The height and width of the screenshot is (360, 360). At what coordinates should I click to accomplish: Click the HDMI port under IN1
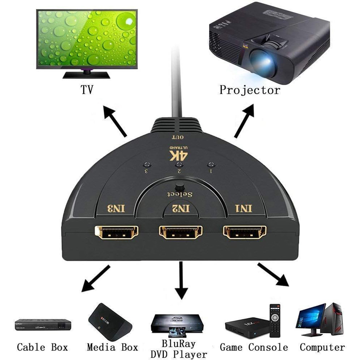[x=244, y=232]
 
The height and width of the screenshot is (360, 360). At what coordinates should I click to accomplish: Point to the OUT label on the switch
[x=177, y=138]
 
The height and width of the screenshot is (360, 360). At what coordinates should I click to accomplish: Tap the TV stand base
[x=86, y=74]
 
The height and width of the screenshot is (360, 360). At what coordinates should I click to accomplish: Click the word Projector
[x=250, y=90]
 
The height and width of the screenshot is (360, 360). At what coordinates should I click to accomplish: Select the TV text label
[x=87, y=90]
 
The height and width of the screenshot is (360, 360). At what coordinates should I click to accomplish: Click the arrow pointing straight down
[x=181, y=280]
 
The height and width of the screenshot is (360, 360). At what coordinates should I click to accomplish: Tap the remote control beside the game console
[x=275, y=320]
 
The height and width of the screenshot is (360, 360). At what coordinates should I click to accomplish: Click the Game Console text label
[x=253, y=347]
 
